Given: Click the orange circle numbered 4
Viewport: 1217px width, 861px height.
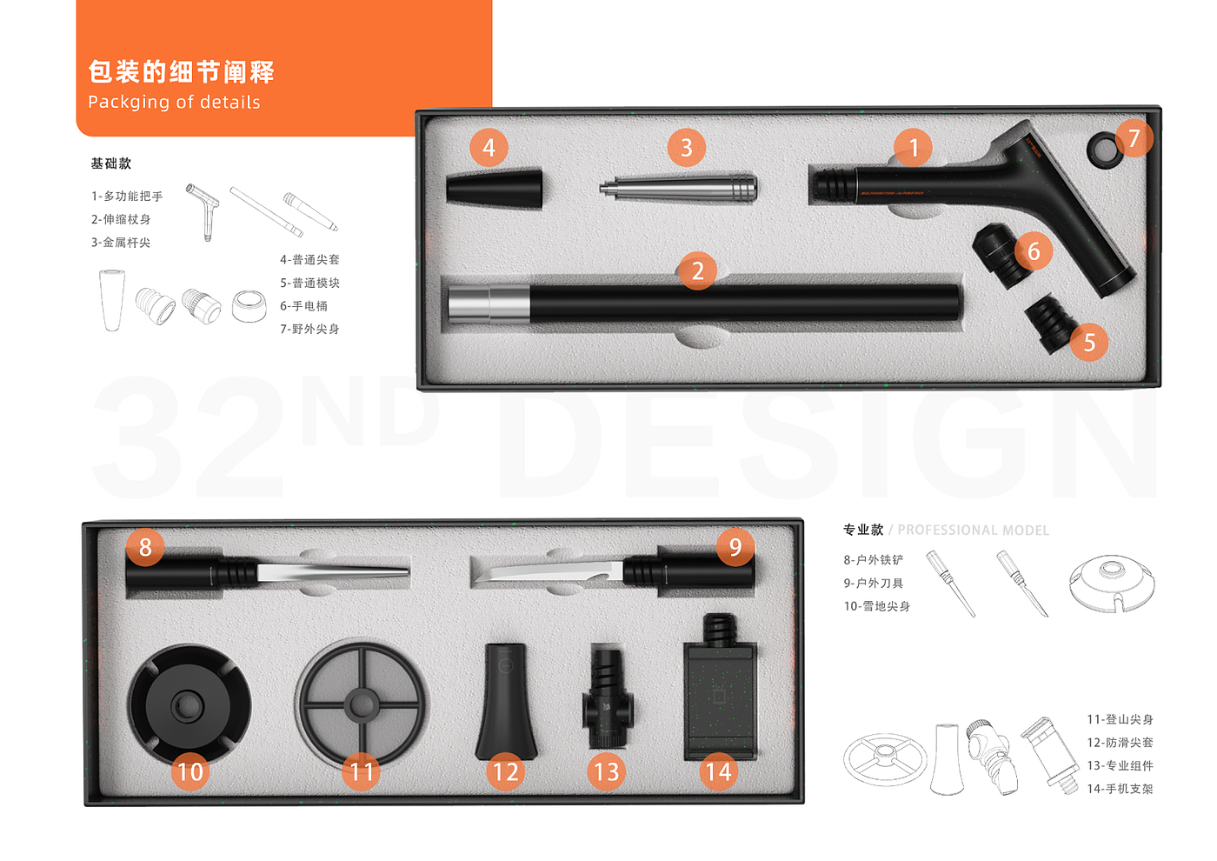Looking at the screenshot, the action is (x=489, y=147).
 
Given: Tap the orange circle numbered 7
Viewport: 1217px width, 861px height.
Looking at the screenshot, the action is (x=1134, y=138).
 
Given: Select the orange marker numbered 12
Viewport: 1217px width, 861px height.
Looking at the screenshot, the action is (x=505, y=772).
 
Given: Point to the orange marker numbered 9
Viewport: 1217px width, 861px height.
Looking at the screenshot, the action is (x=735, y=547).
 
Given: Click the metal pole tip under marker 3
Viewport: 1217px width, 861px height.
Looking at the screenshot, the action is (x=678, y=188).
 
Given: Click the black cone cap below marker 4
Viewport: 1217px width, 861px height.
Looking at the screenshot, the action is (x=495, y=188).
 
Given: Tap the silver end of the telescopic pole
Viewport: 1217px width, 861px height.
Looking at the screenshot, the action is (x=489, y=304).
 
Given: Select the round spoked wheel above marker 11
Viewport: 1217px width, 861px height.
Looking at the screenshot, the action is (x=362, y=704).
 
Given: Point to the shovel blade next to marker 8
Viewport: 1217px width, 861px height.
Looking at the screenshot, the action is (x=332, y=572).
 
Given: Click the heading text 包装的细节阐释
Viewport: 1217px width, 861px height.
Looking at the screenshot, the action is (x=182, y=71).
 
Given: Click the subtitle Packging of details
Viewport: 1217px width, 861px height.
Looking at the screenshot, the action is (x=175, y=103).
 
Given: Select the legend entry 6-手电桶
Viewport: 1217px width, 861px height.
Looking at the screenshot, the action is (x=303, y=306).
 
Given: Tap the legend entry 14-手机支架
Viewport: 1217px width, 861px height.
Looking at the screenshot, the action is (x=1120, y=789).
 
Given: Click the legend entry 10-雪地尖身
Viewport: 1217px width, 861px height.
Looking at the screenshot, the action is (x=876, y=606).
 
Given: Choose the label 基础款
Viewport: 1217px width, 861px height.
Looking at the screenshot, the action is (x=111, y=164).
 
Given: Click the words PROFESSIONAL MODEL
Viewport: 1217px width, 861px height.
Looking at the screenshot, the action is (x=973, y=530).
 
